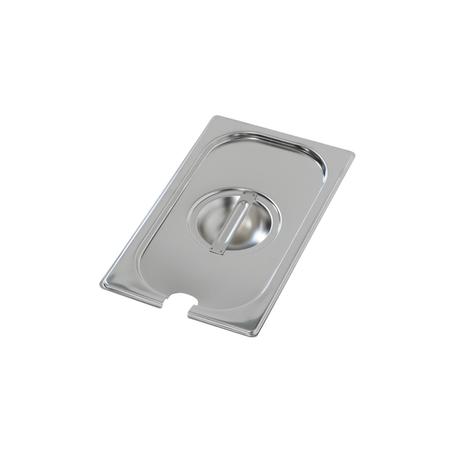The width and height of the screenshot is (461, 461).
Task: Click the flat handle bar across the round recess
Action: [235, 222]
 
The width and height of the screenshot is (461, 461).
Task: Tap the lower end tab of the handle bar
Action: [217, 249]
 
